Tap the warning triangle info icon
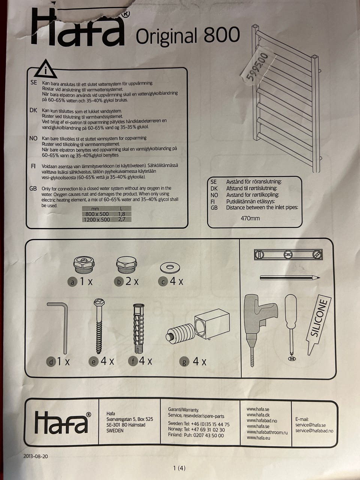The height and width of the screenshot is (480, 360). (x=46, y=69)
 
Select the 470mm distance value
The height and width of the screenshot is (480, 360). (x=250, y=218)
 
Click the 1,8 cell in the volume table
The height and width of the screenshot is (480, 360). (x=121, y=214)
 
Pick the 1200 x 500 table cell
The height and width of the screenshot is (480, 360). (x=97, y=219)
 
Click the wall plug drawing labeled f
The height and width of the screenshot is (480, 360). (x=139, y=328)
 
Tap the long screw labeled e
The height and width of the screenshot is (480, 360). (x=99, y=326)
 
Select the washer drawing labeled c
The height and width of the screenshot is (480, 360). (x=170, y=267)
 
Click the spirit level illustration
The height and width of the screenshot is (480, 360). (x=288, y=255)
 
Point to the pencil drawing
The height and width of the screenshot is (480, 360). (x=290, y=278)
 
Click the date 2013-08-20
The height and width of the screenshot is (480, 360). (x=36, y=456)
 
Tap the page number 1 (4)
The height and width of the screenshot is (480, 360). (x=179, y=468)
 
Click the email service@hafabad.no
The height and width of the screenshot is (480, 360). (x=314, y=430)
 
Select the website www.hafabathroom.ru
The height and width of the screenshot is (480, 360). (x=267, y=432)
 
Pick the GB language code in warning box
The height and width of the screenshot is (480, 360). (x=33, y=188)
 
